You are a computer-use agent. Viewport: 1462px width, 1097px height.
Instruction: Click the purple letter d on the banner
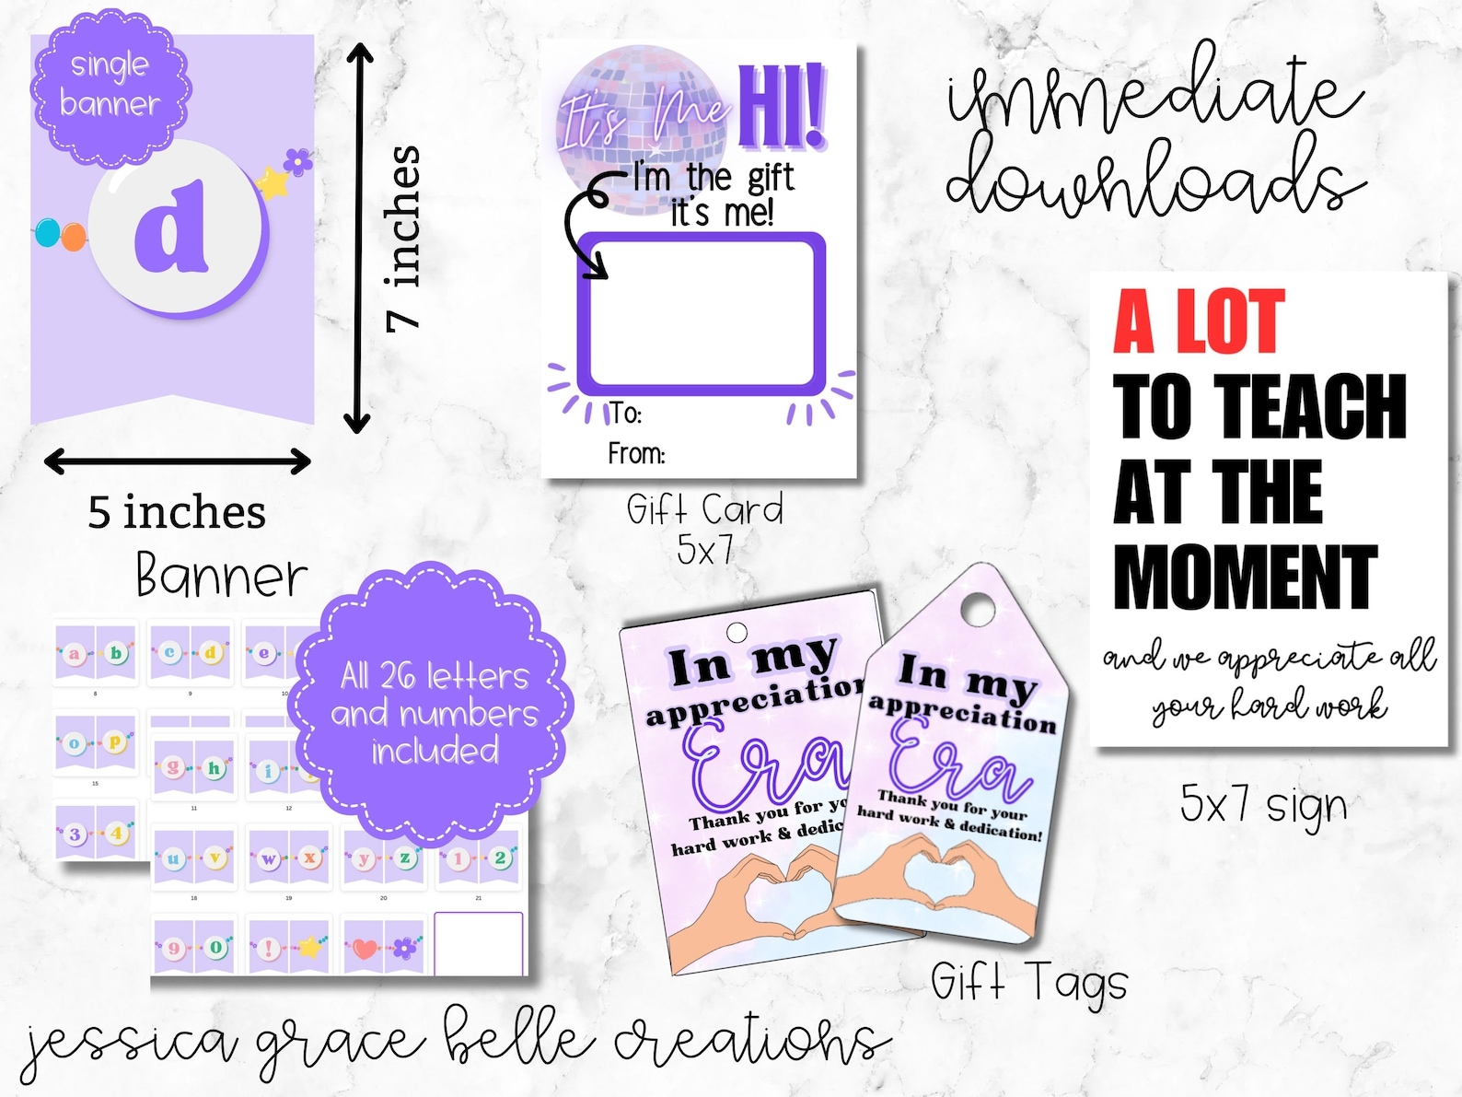point(172,228)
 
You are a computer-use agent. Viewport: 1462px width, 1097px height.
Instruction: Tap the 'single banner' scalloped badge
point(110,85)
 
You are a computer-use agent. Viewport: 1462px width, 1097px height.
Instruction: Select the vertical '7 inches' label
point(403,238)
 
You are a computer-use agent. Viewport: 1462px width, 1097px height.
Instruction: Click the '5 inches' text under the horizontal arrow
point(177,512)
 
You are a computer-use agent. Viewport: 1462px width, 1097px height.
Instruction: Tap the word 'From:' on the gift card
point(635,453)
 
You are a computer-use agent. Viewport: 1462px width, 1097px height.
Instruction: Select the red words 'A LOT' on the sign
point(1198,321)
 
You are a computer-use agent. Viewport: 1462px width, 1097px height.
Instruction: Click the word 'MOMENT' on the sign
point(1244,578)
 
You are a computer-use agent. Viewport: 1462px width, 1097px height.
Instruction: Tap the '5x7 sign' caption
point(1263,804)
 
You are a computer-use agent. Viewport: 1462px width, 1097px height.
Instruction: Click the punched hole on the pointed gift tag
point(979,609)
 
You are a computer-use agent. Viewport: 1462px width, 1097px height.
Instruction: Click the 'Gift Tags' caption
point(1028,982)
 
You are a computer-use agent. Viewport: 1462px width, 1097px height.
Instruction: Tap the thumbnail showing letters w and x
point(289,858)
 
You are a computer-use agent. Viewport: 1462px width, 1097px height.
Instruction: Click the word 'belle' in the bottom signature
point(516,1040)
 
